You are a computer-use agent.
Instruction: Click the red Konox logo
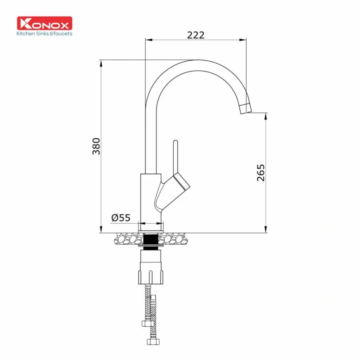[x=44, y=23]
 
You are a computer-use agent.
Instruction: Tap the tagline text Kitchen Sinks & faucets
[x=44, y=33]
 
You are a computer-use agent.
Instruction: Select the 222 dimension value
[x=196, y=35]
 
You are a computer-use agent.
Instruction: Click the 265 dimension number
[x=261, y=172]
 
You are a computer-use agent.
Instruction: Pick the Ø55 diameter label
[x=121, y=218]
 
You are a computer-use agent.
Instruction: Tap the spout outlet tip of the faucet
[x=246, y=108]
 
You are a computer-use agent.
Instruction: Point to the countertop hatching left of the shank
[x=128, y=238]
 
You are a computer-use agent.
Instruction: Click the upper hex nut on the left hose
[x=146, y=323]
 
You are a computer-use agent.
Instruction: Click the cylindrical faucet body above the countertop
[x=149, y=198]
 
